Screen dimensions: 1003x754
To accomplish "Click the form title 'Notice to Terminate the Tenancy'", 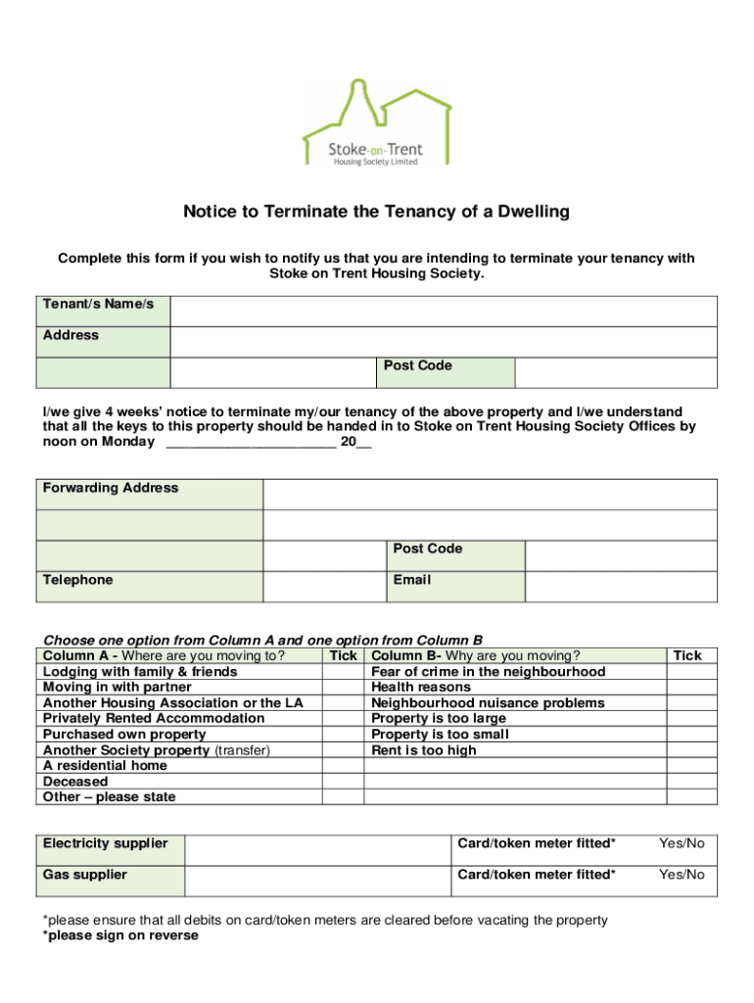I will click(377, 212).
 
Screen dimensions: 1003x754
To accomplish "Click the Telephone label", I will click(78, 580).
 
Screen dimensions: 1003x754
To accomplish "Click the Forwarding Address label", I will click(111, 488).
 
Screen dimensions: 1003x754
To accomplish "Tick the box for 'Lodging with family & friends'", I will click(344, 672).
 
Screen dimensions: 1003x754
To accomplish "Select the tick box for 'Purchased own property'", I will click(344, 735).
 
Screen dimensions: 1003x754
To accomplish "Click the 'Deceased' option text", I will click(75, 782).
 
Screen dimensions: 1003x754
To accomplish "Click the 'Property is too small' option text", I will click(440, 735).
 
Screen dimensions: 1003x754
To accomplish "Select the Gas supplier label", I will click(85, 875).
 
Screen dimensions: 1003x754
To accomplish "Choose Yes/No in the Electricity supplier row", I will click(682, 844).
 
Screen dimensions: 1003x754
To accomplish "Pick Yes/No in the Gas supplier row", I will click(682, 875).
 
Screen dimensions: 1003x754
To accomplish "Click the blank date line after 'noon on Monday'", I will click(251, 443).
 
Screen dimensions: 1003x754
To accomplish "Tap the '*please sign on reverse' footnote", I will click(120, 935).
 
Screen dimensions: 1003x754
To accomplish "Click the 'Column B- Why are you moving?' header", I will click(475, 656).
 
